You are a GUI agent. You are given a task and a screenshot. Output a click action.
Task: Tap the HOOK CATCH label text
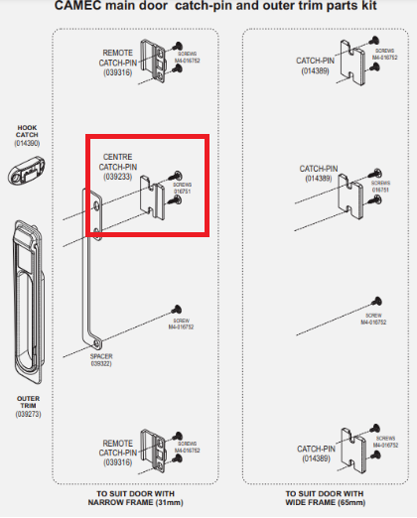coord(26,131)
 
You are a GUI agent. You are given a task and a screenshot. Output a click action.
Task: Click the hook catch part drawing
coord(27,174)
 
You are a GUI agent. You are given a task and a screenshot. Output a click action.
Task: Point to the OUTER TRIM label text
coord(27,400)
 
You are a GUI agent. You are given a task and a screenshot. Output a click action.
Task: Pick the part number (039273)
coord(27,414)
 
